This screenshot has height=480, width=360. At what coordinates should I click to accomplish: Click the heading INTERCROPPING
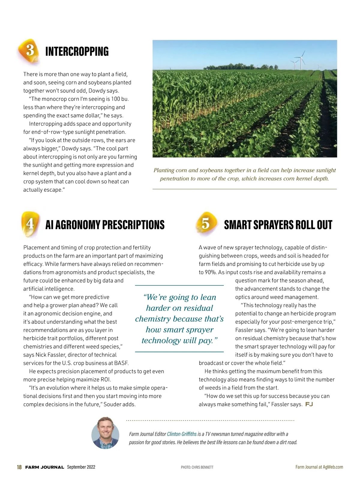click(77, 51)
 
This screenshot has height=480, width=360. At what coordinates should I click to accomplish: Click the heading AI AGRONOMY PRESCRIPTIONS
click(105, 225)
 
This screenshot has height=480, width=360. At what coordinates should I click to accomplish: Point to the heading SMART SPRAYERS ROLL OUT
click(278, 225)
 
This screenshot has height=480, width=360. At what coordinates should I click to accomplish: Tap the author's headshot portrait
click(105, 433)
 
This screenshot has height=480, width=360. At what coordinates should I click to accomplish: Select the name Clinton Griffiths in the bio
click(181, 434)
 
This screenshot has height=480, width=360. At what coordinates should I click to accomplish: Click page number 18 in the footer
click(19, 467)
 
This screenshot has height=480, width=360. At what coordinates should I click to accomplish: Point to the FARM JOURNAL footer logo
click(44, 467)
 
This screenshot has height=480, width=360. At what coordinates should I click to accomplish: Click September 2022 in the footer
click(81, 467)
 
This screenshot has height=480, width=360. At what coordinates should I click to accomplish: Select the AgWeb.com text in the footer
click(333, 467)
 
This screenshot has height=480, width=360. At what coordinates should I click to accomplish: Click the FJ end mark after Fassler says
click(309, 404)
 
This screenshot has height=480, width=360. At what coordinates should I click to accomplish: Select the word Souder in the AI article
click(114, 404)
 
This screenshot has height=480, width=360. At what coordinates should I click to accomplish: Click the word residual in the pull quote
click(198, 308)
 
